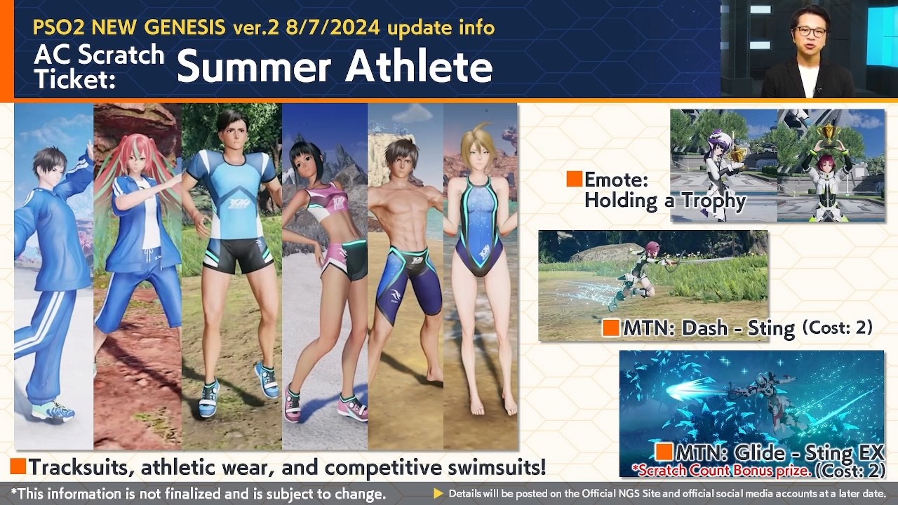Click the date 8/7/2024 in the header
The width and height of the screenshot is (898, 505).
click(x=333, y=27)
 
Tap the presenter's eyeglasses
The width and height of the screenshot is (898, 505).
click(x=811, y=32)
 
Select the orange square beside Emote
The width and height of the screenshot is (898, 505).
click(x=574, y=179)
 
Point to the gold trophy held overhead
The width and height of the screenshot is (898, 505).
click(x=827, y=133)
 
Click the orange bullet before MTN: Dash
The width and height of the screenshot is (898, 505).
click(x=611, y=328)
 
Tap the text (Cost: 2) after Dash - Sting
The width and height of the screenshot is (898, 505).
click(x=838, y=327)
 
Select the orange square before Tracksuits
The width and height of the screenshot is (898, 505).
click(x=18, y=466)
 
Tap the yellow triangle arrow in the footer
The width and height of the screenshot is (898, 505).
click(x=438, y=493)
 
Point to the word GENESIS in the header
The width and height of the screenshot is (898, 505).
click(x=185, y=27)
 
